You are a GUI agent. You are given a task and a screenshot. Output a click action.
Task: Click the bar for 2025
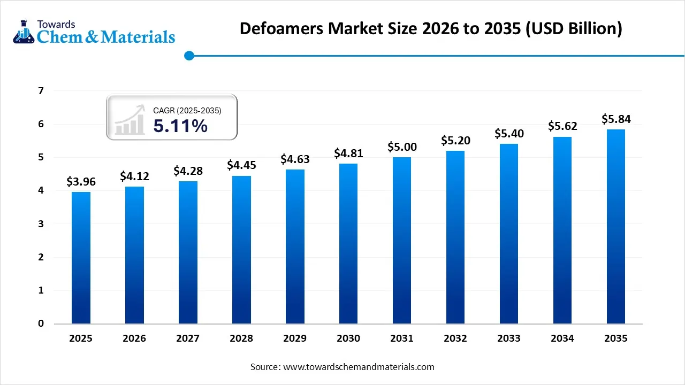point(81,258)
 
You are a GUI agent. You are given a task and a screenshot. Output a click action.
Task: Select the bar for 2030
point(348,243)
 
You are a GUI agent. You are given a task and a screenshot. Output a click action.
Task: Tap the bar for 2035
point(616,226)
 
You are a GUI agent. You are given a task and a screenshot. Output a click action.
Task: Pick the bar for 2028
point(241,250)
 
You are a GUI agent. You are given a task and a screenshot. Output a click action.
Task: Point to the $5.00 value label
point(402,147)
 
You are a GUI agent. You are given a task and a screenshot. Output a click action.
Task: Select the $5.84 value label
point(616,119)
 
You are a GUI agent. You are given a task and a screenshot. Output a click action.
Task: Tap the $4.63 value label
point(295,159)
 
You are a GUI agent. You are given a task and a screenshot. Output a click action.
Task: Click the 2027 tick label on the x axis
point(188,338)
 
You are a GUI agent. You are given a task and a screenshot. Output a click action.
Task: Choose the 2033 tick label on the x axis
point(509,338)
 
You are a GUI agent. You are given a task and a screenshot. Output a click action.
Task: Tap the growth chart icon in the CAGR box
point(130,119)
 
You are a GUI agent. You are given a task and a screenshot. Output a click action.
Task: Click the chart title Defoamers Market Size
point(430,28)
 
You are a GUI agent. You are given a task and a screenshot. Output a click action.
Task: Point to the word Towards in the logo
point(56,24)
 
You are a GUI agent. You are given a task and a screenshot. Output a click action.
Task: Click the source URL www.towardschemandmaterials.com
point(358,367)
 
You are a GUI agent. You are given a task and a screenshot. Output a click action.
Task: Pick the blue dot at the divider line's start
point(189,55)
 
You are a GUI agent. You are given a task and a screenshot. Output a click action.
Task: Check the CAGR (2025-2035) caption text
point(187,110)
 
